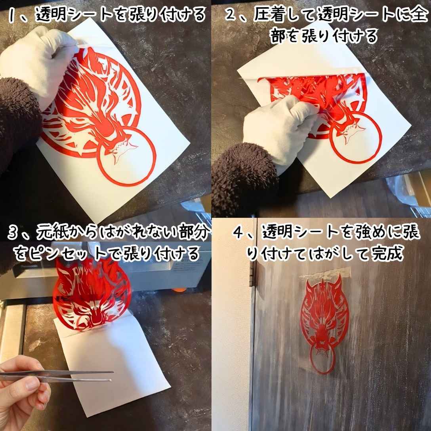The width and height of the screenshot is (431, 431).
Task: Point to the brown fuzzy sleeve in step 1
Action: (18, 119)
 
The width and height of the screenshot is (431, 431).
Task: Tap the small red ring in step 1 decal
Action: (126, 156)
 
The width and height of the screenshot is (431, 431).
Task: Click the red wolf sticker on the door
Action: (325, 317)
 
